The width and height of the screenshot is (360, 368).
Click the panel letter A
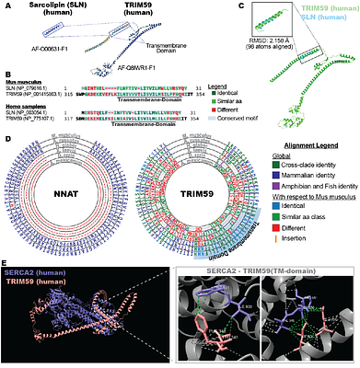[5, 6]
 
